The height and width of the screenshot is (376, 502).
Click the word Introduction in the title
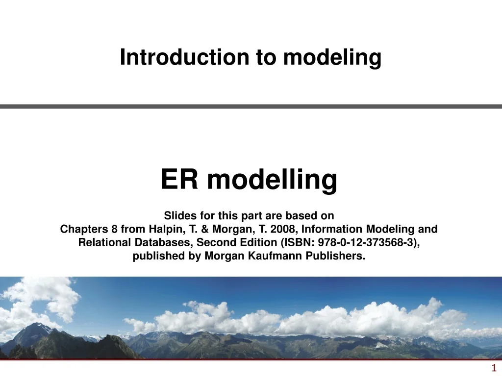(x=185, y=58)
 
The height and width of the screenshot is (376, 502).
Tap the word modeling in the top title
(x=333, y=58)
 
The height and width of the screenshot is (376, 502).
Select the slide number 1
(x=494, y=368)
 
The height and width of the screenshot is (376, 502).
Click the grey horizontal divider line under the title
(x=251, y=106)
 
